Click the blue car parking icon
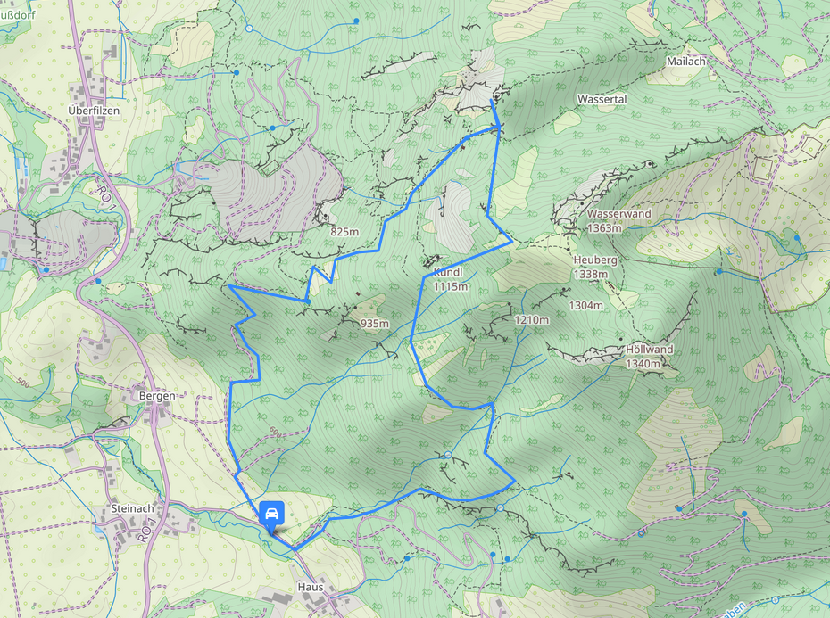(271, 513)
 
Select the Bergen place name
(155, 396)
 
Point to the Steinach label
(133, 508)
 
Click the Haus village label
(310, 589)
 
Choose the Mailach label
(686, 62)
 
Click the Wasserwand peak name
(618, 214)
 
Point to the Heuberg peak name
(595, 260)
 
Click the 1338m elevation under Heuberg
(591, 274)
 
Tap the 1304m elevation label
(586, 305)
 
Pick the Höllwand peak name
(649, 350)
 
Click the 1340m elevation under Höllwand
(643, 364)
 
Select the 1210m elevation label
(531, 319)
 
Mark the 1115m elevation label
(451, 287)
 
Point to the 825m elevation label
(344, 232)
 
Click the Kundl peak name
(447, 271)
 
